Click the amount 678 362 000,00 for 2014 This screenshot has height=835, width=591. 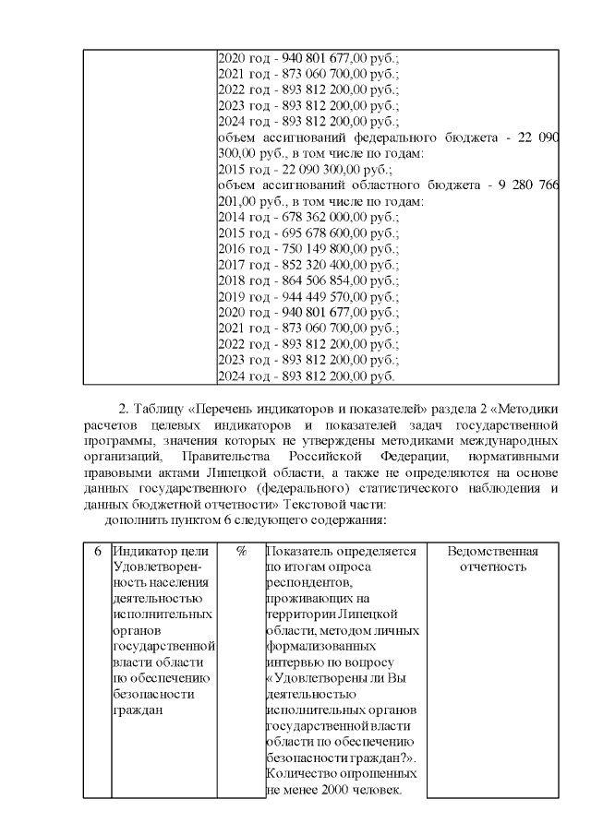pyautogui.click(x=317, y=216)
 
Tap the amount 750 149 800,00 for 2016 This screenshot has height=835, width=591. pyautogui.click(x=317, y=248)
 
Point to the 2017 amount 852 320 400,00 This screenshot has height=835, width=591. pyautogui.click(x=317, y=264)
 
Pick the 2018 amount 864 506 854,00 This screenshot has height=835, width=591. pyautogui.click(x=317, y=280)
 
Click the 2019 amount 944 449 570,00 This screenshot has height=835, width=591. pyautogui.click(x=317, y=296)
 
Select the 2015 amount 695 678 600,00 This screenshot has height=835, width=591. pyautogui.click(x=317, y=233)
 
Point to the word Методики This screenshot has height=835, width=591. pyautogui.click(x=525, y=408)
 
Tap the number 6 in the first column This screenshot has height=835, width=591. pyautogui.click(x=97, y=551)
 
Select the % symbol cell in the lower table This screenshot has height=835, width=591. pyautogui.click(x=240, y=551)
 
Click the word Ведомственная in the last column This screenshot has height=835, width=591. pyautogui.click(x=492, y=551)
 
